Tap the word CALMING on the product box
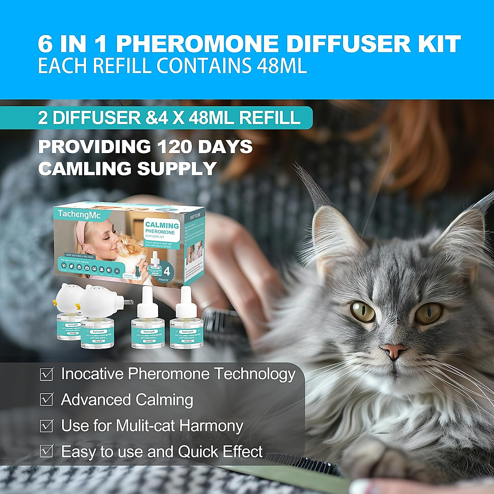(162, 226)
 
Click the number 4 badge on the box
(167, 272)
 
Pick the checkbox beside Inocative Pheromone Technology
(47, 374)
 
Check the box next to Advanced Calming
(47, 400)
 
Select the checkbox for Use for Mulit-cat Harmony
(47, 426)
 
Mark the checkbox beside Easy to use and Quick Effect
(47, 451)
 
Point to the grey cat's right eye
(428, 312)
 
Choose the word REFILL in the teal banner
(270, 118)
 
